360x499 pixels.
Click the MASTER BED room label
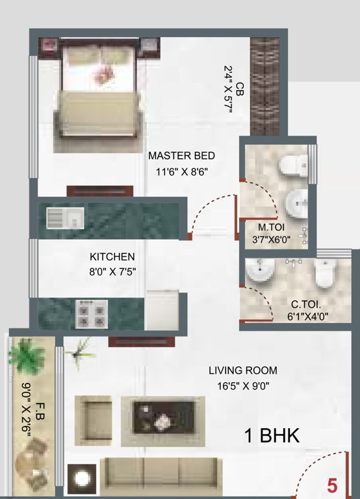point(181,156)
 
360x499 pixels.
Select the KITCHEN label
point(112,257)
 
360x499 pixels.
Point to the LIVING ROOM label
point(242,371)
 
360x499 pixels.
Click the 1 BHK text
point(272,436)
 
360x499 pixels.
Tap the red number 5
point(332,485)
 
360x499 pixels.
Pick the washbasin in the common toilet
point(261,271)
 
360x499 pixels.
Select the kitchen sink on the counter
point(65,217)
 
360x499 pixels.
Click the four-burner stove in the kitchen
point(91,313)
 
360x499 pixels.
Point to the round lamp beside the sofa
point(82,479)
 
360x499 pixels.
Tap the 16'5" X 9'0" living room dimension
point(242,385)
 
